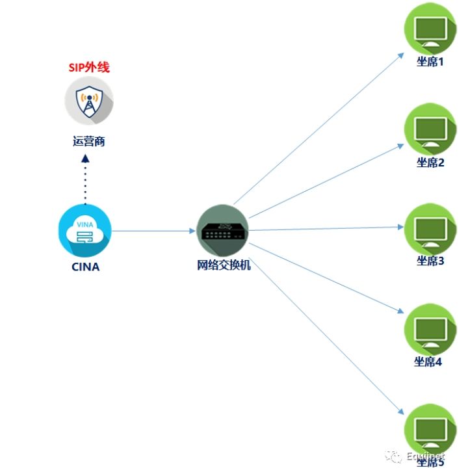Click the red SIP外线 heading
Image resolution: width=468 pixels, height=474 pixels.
tap(89, 67)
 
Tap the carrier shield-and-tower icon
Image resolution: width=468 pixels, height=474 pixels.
tap(89, 101)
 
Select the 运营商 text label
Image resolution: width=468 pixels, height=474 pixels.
tap(89, 141)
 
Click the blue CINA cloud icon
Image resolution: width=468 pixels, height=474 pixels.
tap(84, 231)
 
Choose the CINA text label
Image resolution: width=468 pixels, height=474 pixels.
tap(86, 266)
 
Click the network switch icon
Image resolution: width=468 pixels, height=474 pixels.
tap(223, 230)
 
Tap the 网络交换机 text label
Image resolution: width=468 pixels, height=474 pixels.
tap(223, 265)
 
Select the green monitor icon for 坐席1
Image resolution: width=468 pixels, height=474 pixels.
tap(430, 30)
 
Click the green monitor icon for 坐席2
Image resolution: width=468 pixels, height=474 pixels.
tap(430, 129)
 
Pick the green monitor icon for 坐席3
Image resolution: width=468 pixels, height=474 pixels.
tap(430, 229)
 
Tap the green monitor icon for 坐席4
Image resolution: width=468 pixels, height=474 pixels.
tap(430, 328)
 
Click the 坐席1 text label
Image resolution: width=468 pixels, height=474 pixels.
tap(430, 62)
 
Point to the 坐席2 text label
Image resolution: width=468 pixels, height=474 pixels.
tap(430, 163)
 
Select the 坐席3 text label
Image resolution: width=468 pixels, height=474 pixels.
tap(430, 261)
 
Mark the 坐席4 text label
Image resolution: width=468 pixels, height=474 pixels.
tap(428, 362)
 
